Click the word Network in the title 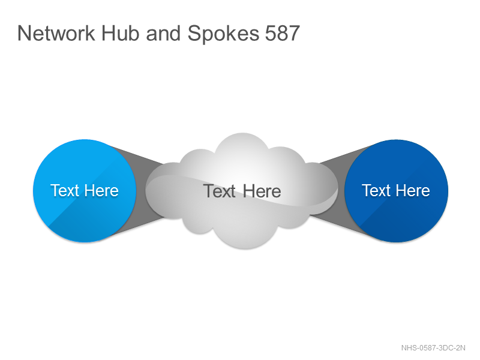click(56, 33)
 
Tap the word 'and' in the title click(163, 33)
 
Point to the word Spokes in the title click(223, 34)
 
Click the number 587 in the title click(282, 33)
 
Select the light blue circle click(85, 191)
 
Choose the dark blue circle click(396, 191)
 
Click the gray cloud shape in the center click(242, 191)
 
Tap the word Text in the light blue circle click(65, 190)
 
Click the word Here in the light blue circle click(101, 190)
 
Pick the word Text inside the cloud click(219, 191)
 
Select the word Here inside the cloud click(262, 191)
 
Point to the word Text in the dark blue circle click(377, 190)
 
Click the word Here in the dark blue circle click(413, 190)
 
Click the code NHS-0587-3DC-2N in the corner click(433, 348)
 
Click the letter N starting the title click(23, 33)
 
